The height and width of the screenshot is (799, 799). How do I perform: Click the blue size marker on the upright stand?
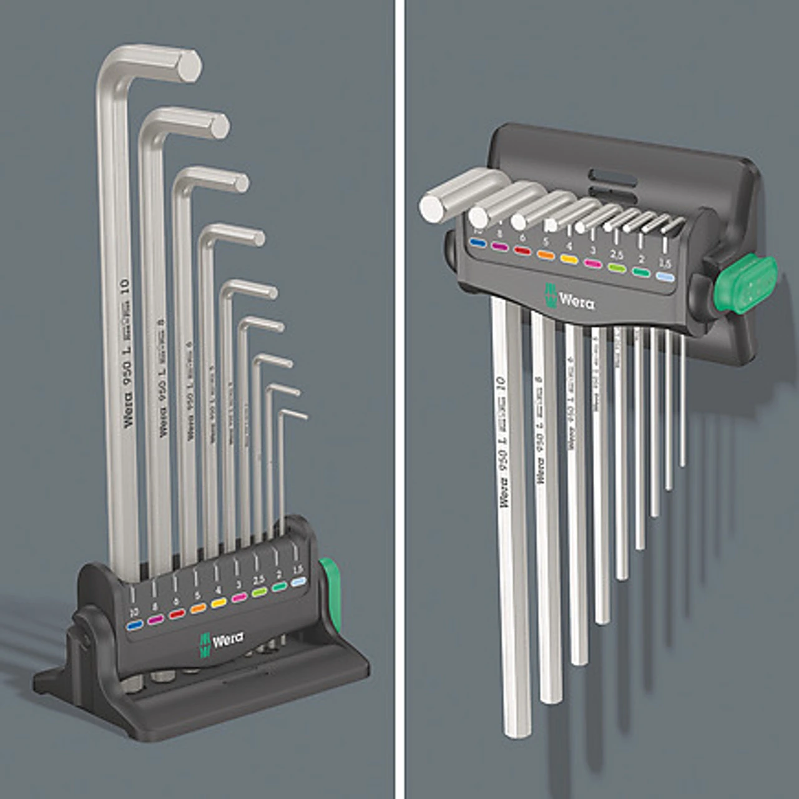coord(134,624)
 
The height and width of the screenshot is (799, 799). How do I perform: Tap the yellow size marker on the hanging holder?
coord(569,258)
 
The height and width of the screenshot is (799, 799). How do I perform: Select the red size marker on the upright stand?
coord(177,614)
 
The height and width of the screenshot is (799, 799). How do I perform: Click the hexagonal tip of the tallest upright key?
coord(188,65)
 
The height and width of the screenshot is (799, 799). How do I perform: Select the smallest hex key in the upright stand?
coord(283,468)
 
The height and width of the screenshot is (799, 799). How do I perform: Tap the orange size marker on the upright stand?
coord(198,607)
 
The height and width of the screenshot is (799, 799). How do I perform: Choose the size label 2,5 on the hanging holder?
coord(617,255)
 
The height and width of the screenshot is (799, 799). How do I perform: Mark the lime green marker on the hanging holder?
coord(617,268)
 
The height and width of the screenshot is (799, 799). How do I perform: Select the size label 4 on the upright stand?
coord(218,590)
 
